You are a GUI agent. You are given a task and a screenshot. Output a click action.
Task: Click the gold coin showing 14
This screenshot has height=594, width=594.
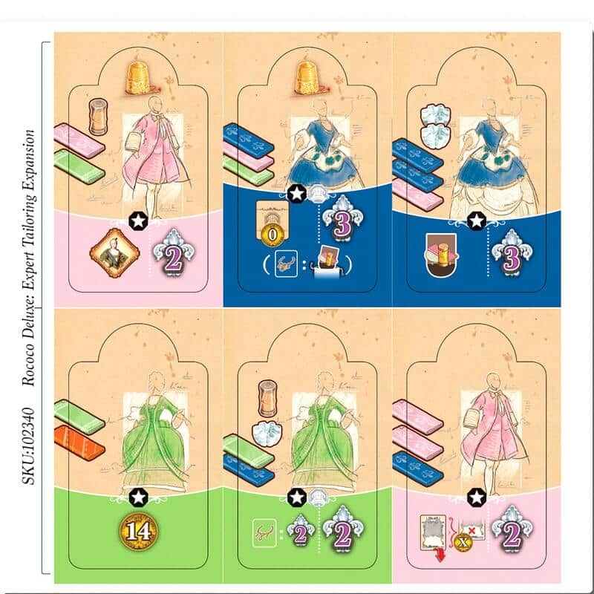(x=139, y=532)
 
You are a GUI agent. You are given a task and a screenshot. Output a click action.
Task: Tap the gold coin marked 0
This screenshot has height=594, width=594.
(x=272, y=235)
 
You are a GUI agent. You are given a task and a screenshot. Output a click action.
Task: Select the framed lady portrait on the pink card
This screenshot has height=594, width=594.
(x=114, y=252)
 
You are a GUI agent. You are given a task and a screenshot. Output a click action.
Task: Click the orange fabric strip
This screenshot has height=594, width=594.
(x=79, y=443)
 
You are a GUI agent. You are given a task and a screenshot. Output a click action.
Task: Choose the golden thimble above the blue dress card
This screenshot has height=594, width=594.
(x=310, y=79)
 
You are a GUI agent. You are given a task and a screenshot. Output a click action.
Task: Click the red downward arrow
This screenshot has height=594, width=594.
(x=440, y=555)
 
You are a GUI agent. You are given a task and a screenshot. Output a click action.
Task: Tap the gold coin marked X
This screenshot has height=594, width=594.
(x=463, y=542)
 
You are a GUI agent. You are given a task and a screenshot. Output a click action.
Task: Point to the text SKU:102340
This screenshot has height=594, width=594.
(x=28, y=446)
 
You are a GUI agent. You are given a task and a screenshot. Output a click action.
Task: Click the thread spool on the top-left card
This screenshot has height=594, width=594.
(x=98, y=117)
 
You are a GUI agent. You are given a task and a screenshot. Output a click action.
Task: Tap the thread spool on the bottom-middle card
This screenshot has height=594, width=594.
(x=267, y=399)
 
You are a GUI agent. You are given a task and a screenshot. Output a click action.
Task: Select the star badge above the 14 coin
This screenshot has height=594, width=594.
(x=138, y=497)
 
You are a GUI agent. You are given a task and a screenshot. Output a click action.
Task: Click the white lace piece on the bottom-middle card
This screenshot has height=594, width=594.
(x=267, y=434)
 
